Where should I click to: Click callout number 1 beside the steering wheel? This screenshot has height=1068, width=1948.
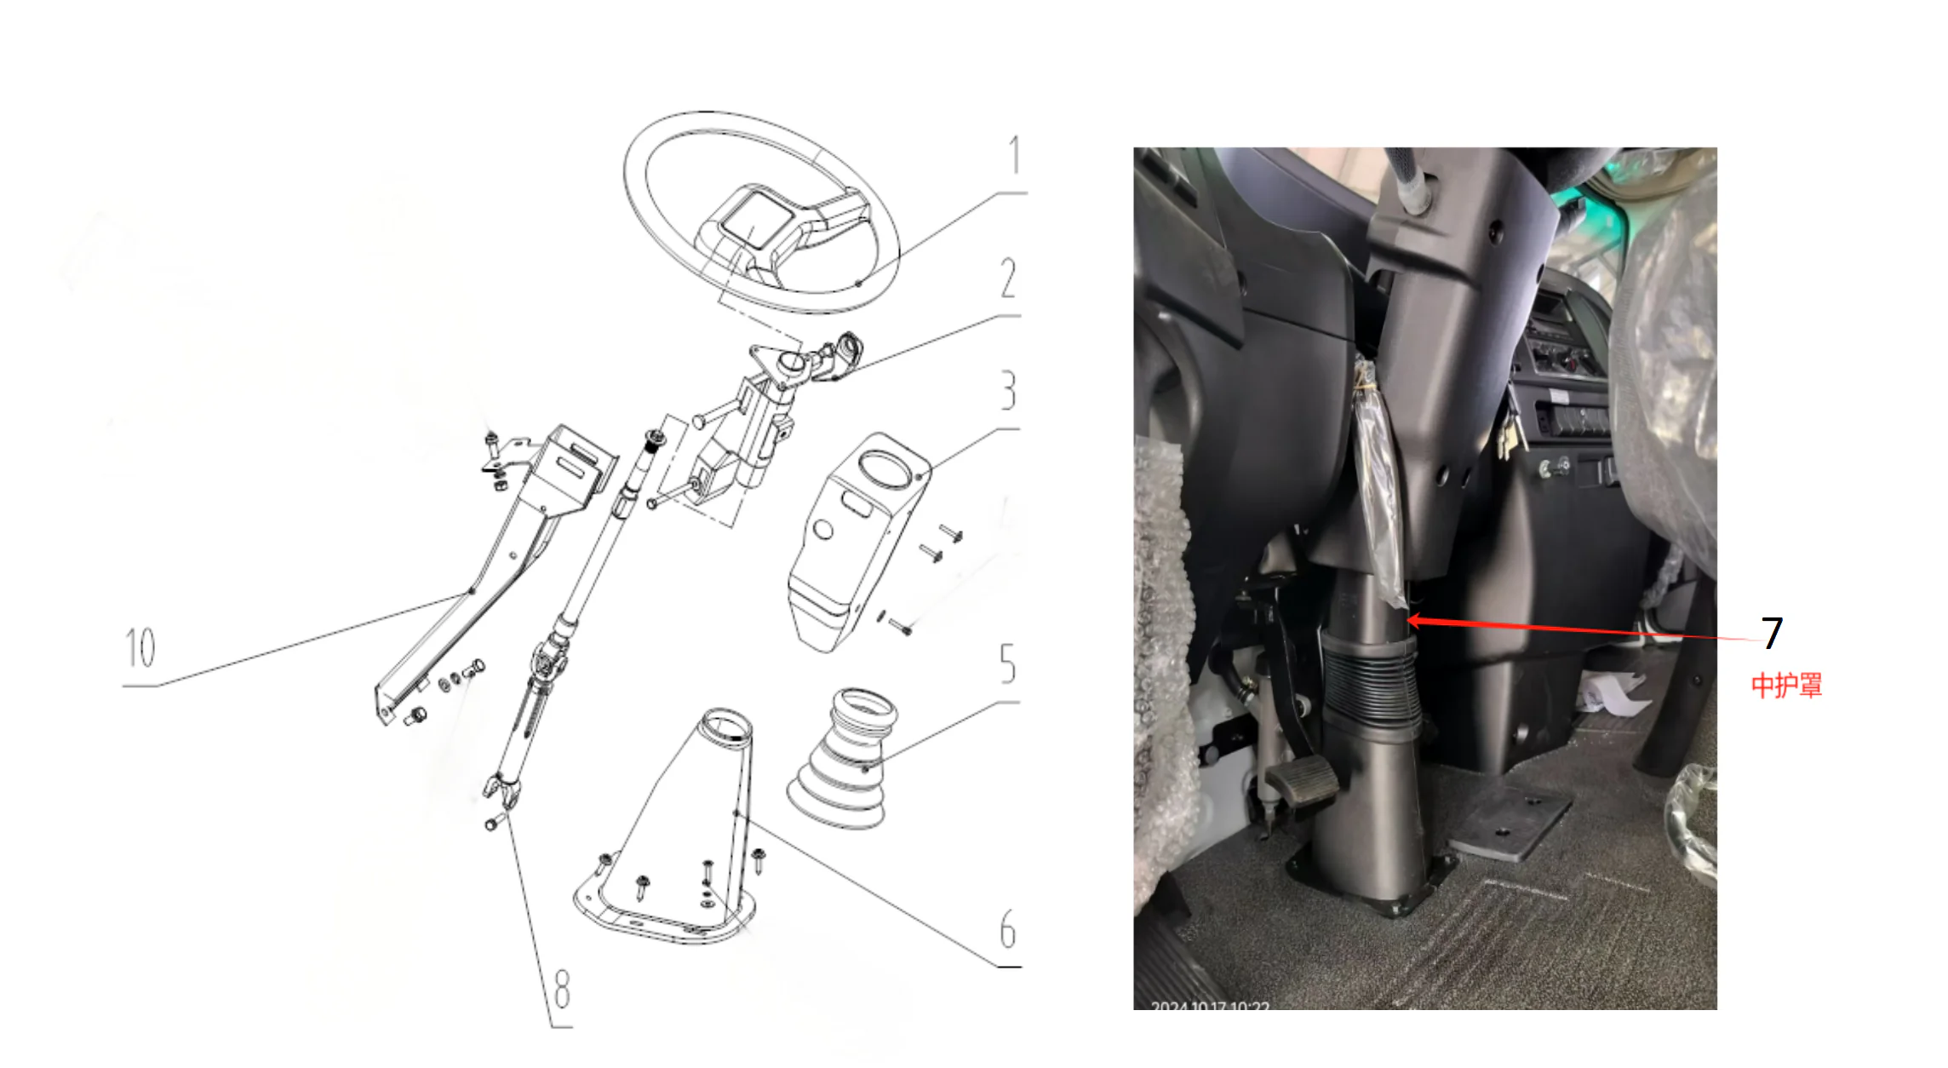(x=1014, y=155)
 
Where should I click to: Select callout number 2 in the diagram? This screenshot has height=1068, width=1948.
(x=1008, y=278)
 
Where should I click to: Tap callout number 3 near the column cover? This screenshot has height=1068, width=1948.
(x=1008, y=391)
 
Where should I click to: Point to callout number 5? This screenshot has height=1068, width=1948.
(x=1007, y=663)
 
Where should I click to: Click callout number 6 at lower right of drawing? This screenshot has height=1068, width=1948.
(x=1007, y=929)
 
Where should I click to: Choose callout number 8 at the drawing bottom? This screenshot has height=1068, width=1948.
(x=562, y=989)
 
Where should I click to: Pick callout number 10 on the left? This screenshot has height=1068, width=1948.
(x=140, y=648)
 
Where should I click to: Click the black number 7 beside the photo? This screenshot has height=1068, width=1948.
(x=1772, y=633)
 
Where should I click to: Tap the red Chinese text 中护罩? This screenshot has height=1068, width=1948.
(x=1786, y=686)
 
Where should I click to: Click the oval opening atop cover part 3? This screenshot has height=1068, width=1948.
(x=885, y=468)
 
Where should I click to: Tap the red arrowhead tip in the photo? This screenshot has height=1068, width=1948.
(x=1410, y=621)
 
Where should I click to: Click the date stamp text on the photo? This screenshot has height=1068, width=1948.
(x=1210, y=1008)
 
